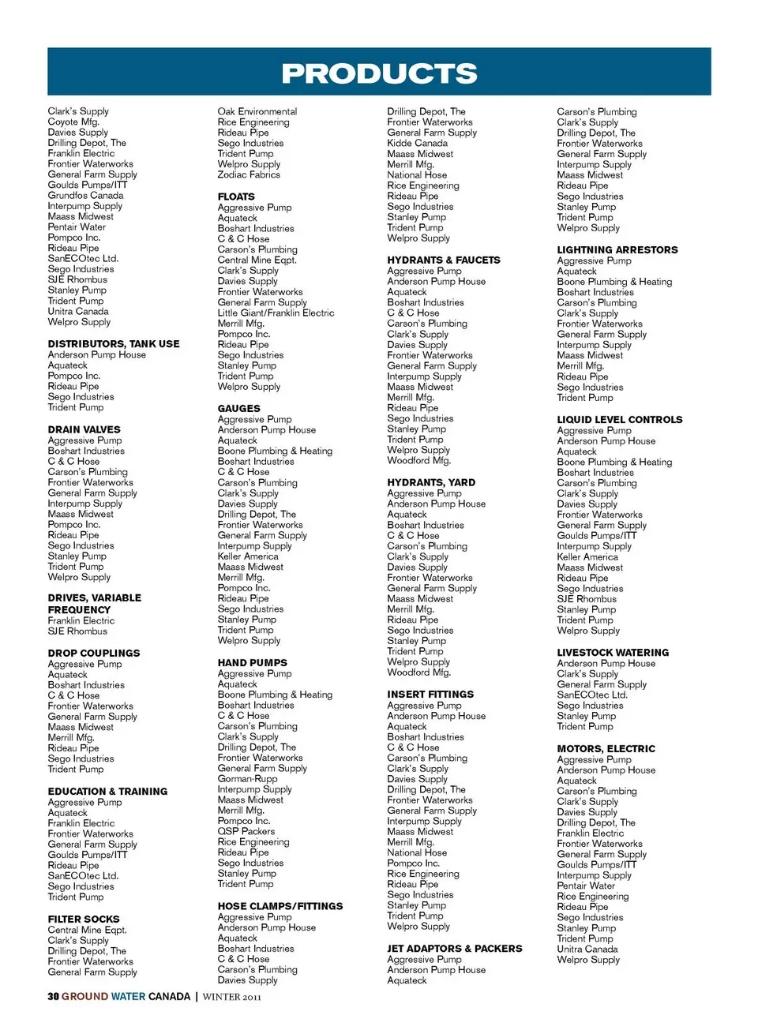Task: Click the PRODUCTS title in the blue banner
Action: [379, 73]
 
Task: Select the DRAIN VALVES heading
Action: [84, 429]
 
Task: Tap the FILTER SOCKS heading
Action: [84, 919]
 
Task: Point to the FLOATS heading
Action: [236, 197]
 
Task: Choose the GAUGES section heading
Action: [238, 409]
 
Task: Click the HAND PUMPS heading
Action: [253, 663]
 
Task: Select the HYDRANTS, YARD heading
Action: [431, 482]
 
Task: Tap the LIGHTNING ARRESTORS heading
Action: [617, 249]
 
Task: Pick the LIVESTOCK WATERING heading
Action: [613, 653]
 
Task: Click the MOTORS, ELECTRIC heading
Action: [606, 748]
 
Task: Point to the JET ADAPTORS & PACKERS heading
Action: [455, 948]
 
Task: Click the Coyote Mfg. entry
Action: [73, 122]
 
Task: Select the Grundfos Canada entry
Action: [85, 195]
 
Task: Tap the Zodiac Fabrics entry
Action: [249, 174]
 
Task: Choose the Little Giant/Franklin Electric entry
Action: [276, 313]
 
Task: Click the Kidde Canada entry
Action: [417, 143]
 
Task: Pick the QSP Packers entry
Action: [246, 831]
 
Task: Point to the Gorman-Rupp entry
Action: [248, 778]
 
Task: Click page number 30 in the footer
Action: [53, 996]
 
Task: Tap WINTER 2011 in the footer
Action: [231, 997]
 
